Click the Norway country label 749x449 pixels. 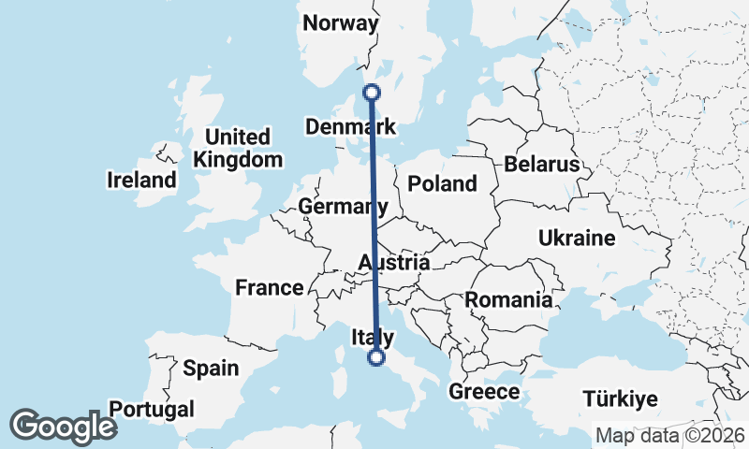(x=341, y=23)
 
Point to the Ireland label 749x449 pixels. (x=141, y=180)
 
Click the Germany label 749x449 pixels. (x=343, y=206)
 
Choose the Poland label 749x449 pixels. (x=442, y=184)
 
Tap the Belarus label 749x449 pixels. (x=542, y=165)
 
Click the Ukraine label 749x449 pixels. (x=577, y=238)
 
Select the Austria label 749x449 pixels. (x=393, y=264)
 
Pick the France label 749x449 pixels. (x=270, y=288)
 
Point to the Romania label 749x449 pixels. (x=508, y=300)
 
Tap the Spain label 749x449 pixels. (x=211, y=369)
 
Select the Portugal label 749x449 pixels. (x=152, y=409)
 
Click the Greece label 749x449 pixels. (x=484, y=392)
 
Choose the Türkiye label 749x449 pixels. (x=619, y=399)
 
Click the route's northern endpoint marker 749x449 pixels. (x=372, y=92)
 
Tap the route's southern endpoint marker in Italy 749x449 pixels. (x=376, y=357)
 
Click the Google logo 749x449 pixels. (x=63, y=427)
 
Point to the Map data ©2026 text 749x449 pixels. (x=670, y=436)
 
